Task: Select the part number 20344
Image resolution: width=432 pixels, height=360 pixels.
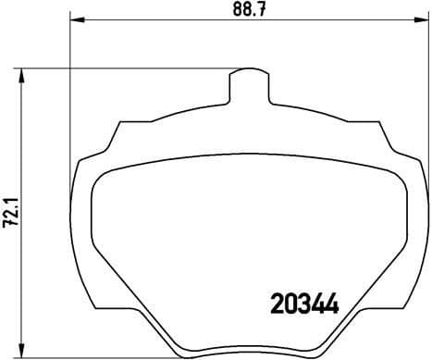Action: coord(304,303)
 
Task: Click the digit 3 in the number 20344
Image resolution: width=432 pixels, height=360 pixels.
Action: coord(304,303)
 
